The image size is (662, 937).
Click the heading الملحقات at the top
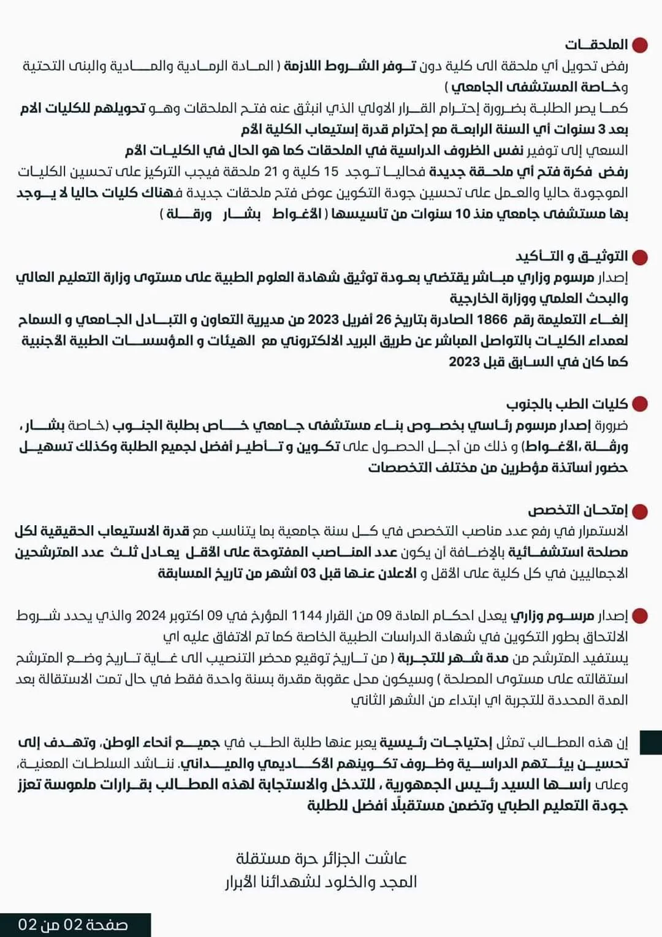(596, 44)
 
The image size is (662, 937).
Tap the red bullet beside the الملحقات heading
(640, 45)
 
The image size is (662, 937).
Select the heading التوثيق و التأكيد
(572, 256)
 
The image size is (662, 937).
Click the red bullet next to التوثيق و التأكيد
(640, 257)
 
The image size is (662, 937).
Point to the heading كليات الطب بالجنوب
(567, 404)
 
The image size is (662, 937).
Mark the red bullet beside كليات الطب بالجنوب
(640, 404)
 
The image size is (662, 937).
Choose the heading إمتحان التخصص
(578, 510)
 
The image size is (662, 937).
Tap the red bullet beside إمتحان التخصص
(640, 511)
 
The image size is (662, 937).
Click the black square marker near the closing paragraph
(650, 742)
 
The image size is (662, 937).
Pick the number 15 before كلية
(332, 172)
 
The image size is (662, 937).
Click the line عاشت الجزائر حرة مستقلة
(322, 857)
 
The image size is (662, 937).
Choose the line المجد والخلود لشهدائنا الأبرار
(321, 882)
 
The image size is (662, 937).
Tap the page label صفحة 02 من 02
(73, 925)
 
